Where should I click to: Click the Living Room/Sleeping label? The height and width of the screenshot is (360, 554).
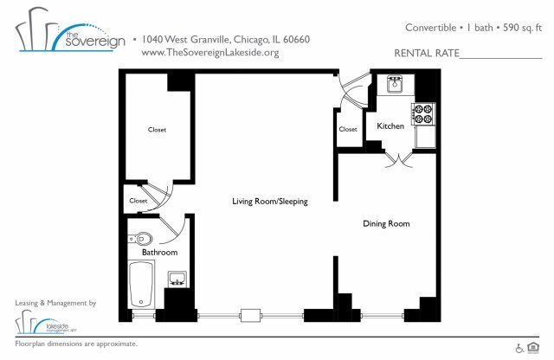point(270,202)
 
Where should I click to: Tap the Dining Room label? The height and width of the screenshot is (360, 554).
point(385,224)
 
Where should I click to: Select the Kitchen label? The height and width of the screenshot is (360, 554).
point(390,127)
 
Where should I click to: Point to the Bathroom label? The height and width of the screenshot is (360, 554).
point(160,253)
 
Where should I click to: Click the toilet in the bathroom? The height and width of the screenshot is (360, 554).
point(142,238)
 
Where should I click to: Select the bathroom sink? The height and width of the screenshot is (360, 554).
point(177,278)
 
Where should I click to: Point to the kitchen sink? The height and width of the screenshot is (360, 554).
point(395,84)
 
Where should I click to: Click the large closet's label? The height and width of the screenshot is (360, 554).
point(157,130)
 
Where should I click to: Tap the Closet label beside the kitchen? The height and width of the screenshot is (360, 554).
point(348,129)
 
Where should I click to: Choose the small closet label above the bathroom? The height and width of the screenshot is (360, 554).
point(138,201)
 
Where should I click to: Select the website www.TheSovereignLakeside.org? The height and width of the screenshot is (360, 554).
point(209,53)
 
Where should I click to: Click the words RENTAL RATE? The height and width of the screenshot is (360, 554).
point(426,53)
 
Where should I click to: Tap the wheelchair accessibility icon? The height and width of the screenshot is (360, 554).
point(520,348)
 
